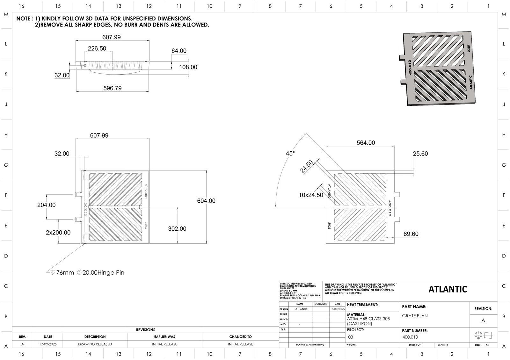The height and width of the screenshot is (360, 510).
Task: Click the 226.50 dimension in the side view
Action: coord(97,48)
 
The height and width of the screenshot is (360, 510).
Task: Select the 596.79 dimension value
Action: coord(112,88)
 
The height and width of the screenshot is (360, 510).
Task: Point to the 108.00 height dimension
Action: coord(188,67)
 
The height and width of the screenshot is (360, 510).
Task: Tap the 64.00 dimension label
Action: coord(179,51)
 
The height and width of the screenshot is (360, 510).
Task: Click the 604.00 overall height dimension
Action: coord(206,201)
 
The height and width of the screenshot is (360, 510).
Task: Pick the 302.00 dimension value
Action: coord(177,229)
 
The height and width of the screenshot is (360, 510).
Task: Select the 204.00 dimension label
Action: coord(46,205)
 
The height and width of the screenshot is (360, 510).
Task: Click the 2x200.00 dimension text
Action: coord(58,233)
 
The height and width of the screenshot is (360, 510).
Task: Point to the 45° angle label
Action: coord(290,154)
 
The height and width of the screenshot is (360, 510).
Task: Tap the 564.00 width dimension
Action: coord(366,143)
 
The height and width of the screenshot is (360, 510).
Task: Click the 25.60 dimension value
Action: coord(420,154)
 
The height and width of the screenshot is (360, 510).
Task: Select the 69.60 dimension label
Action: coord(411,234)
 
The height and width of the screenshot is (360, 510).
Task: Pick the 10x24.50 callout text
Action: coord(311,195)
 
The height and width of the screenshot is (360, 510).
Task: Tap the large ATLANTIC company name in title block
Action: coord(448,289)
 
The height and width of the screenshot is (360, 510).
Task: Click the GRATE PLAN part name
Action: coord(415,316)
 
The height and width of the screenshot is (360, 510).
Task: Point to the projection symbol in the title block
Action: coord(483,335)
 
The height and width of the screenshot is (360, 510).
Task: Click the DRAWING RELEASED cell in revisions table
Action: coord(95,344)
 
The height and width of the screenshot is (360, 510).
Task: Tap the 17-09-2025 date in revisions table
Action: coord(48,344)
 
